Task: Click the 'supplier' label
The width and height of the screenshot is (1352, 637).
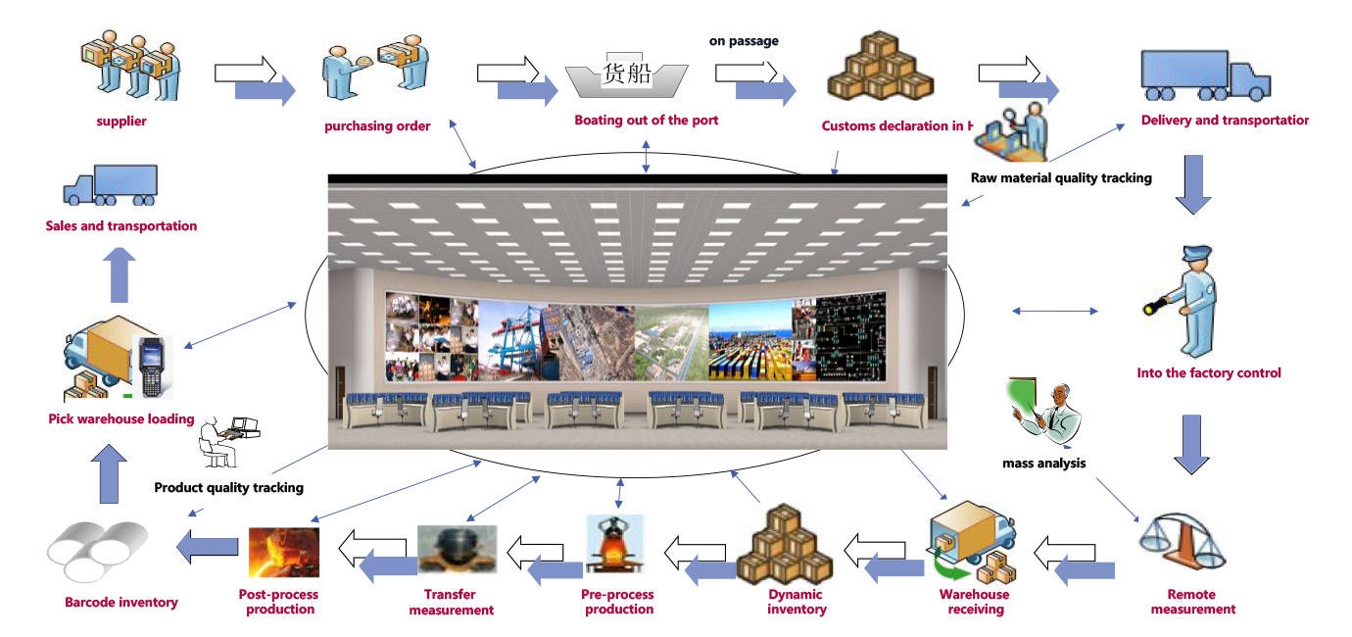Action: click(121, 122)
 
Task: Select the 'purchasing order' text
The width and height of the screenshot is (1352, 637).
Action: click(377, 126)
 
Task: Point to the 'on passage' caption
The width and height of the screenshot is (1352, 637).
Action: click(744, 41)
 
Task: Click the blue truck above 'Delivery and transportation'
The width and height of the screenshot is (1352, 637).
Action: click(1205, 75)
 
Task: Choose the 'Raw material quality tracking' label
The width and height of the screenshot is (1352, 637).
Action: click(1061, 178)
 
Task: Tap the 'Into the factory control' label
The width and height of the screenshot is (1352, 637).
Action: click(1209, 373)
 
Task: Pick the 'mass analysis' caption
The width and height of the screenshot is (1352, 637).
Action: click(1043, 464)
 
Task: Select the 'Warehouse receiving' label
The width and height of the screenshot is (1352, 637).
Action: click(974, 602)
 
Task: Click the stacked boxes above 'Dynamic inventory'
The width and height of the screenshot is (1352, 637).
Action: click(785, 544)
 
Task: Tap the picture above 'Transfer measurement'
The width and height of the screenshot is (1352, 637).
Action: click(457, 550)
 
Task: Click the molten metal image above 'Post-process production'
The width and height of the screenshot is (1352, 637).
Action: click(284, 552)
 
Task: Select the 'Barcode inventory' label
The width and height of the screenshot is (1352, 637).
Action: click(121, 603)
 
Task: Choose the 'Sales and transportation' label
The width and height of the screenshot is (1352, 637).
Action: click(121, 226)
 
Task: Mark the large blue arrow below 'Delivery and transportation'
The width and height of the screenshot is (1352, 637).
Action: click(1192, 183)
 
